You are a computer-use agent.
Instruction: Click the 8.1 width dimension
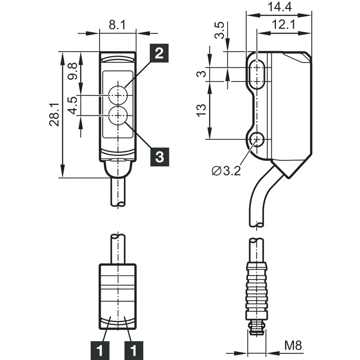(x=117, y=25)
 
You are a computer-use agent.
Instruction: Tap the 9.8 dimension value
(x=73, y=71)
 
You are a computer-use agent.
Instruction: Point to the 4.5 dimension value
(x=73, y=105)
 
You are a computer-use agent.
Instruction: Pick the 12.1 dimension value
(x=283, y=25)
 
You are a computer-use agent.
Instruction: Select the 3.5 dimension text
(x=219, y=30)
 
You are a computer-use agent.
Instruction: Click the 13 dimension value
(x=201, y=110)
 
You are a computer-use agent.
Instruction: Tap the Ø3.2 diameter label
(x=226, y=171)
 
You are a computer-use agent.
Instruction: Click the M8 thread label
(x=293, y=345)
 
